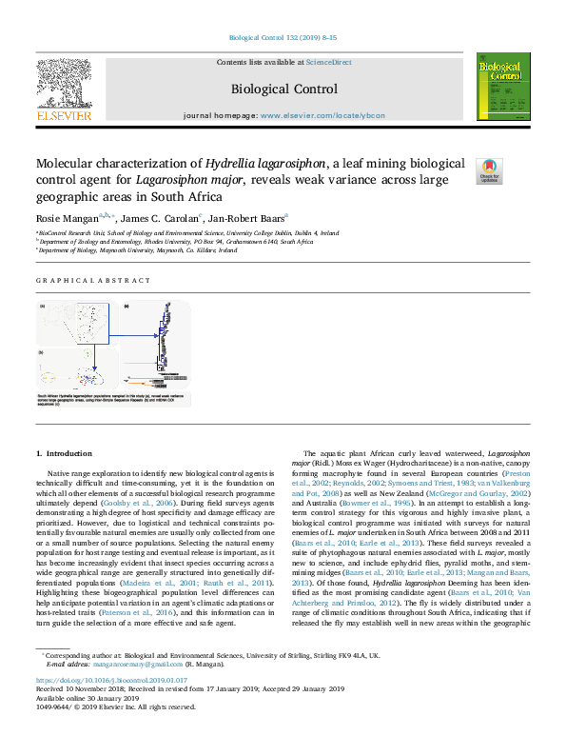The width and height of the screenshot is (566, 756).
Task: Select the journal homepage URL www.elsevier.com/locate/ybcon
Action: [x=322, y=115]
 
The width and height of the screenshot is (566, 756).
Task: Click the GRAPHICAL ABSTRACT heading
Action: [x=93, y=281]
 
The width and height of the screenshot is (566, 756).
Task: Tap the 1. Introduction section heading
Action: [x=64, y=453]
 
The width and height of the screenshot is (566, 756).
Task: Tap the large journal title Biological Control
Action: [x=283, y=90]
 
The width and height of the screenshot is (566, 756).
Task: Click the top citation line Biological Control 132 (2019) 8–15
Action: [x=283, y=38]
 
